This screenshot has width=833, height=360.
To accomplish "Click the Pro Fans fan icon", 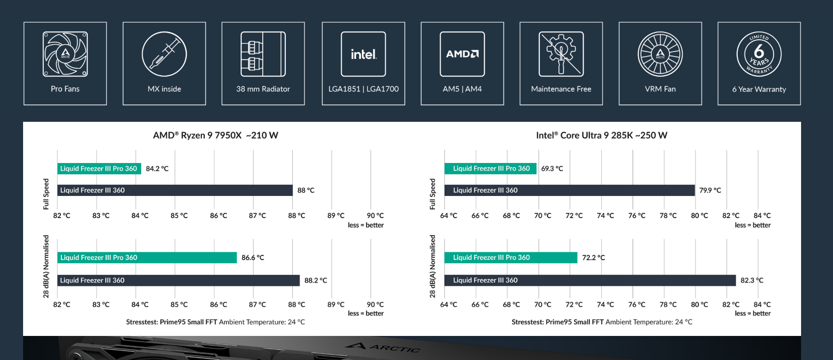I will click(x=65, y=54).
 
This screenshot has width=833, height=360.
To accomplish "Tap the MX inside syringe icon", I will click(x=165, y=54).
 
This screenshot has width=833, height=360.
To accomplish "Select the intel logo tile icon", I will click(x=363, y=54).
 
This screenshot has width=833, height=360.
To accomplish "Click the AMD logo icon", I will click(x=462, y=54).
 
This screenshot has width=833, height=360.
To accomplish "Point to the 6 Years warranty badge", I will click(x=759, y=54).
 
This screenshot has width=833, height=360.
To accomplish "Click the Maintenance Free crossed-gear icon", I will click(x=561, y=54).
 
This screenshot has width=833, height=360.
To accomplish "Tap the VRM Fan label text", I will click(x=660, y=89).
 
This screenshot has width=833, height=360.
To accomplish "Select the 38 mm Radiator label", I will click(x=263, y=89).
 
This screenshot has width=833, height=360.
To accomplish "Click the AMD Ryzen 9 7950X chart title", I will click(x=215, y=135).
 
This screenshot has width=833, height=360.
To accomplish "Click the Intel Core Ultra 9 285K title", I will click(x=601, y=135).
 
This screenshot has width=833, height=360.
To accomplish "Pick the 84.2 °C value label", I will click(x=157, y=168).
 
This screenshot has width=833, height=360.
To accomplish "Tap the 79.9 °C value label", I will click(x=710, y=190).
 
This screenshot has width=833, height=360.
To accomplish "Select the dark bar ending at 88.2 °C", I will click(x=178, y=280).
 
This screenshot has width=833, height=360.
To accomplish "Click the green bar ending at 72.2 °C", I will click(x=511, y=257).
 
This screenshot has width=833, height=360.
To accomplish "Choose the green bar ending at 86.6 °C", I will click(x=147, y=257).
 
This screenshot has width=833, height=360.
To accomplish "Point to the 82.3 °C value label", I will click(x=752, y=280).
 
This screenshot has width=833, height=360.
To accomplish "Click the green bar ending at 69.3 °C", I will click(x=490, y=168).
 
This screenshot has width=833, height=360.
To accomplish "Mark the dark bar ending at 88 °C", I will click(x=175, y=190).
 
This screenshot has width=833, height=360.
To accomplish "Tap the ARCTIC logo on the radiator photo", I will click(x=383, y=347).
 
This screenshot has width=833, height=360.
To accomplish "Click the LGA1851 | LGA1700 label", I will click(x=363, y=89).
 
